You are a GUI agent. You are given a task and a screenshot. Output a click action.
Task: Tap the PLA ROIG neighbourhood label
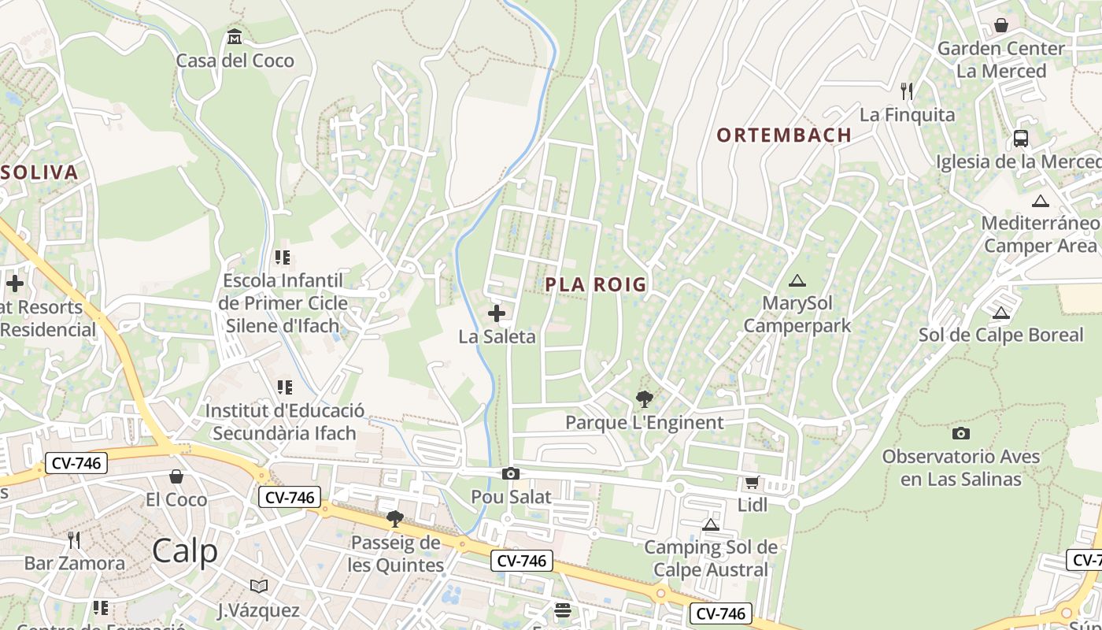pyautogui.click(x=596, y=284)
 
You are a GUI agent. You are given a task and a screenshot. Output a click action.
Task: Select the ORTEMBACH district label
pyautogui.click(x=784, y=135)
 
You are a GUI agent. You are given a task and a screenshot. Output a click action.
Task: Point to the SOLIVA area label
pyautogui.click(x=39, y=173)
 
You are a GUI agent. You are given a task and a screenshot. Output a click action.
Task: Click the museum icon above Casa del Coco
pyautogui.click(x=235, y=37)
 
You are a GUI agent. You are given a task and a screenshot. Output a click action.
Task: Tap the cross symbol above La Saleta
pyautogui.click(x=497, y=314)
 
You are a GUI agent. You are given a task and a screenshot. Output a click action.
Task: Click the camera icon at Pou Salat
pyautogui.click(x=511, y=473)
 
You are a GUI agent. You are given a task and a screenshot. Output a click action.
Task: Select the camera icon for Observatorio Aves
pyautogui.click(x=961, y=433)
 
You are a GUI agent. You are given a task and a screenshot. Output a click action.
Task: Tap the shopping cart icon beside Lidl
pyautogui.click(x=753, y=482)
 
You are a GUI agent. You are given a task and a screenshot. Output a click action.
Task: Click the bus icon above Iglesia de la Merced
pyautogui.click(x=1021, y=139)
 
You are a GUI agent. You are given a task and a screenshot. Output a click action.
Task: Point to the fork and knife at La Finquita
pyautogui.click(x=907, y=91)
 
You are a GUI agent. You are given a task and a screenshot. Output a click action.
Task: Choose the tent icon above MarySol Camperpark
pyautogui.click(x=797, y=280)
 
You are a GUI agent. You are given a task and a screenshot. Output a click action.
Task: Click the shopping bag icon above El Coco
pyautogui.click(x=176, y=476)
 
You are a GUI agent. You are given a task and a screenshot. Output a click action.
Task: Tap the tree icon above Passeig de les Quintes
pyautogui.click(x=395, y=519)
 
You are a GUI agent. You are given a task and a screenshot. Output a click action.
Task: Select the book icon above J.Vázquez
pyautogui.click(x=259, y=586)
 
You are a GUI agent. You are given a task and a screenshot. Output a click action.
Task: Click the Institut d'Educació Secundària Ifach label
pyautogui.click(x=284, y=422)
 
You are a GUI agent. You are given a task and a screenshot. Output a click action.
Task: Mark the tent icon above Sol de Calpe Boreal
pyautogui.click(x=1001, y=313)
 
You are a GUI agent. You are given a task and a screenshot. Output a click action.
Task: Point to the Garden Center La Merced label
pyautogui.click(x=1000, y=60)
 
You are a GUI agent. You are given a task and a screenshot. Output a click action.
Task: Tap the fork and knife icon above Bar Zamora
pyautogui.click(x=74, y=539)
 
